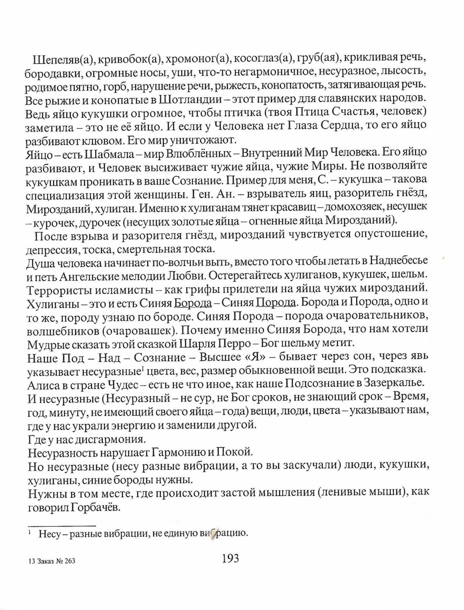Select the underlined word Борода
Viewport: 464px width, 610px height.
pos(193,303)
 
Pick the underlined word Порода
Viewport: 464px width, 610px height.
pos(276,303)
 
